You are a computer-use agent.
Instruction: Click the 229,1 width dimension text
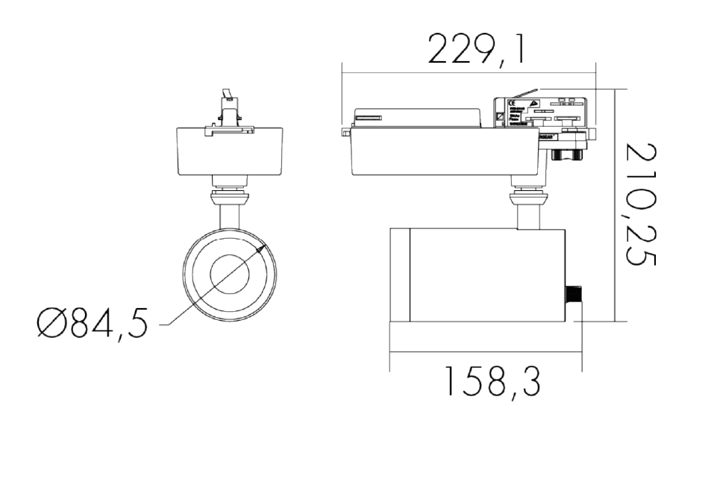point(476,49)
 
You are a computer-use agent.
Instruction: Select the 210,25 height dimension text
point(641,204)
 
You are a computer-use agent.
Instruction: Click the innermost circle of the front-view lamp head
point(229,275)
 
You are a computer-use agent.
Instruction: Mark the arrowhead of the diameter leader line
point(260,251)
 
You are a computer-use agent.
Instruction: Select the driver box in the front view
point(229,151)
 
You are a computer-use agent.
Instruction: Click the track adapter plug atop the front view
point(228,112)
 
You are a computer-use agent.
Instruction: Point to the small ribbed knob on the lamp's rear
point(574,303)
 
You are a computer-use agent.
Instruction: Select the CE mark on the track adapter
point(512,104)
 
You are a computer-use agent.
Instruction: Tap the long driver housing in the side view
point(444,151)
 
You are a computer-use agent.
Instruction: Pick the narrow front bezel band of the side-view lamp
point(400,275)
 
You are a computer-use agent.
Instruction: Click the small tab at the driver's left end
point(344,132)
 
